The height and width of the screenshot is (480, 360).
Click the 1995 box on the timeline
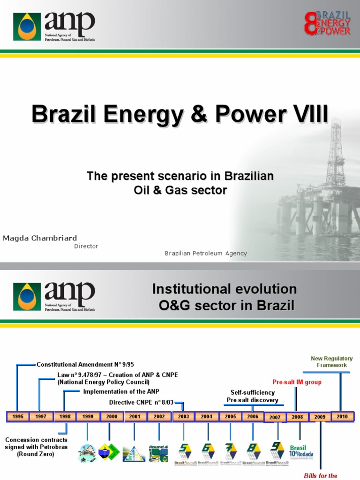point(17,417)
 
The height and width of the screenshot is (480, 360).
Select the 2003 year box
point(183,417)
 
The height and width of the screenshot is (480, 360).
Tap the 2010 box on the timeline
point(342,416)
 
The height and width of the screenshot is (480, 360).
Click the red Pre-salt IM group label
point(298,382)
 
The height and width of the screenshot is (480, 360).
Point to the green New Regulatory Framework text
point(332,362)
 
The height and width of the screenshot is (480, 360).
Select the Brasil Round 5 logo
point(183,454)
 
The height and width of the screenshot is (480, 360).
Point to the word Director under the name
point(86,246)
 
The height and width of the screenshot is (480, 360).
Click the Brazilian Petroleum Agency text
point(206,253)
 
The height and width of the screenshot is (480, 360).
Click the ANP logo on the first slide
point(54,27)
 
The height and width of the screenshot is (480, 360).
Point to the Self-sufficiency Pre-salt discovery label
point(252,396)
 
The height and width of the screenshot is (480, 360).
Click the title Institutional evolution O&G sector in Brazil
point(225,297)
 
